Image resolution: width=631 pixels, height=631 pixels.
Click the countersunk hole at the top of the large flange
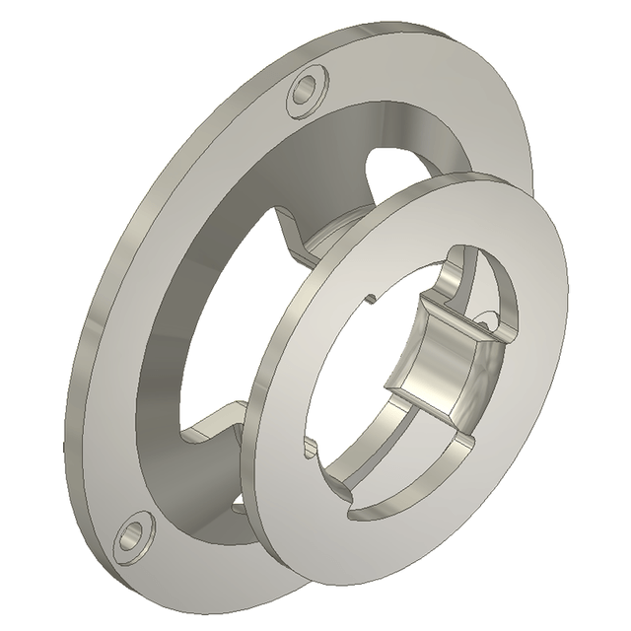point(308,92)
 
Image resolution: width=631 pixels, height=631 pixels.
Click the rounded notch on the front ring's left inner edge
point(310,449)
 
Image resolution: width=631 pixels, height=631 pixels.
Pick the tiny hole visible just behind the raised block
point(485,317)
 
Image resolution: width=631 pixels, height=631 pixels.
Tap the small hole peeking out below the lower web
point(240,507)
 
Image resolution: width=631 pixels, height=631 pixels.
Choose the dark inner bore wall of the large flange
point(168,325)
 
